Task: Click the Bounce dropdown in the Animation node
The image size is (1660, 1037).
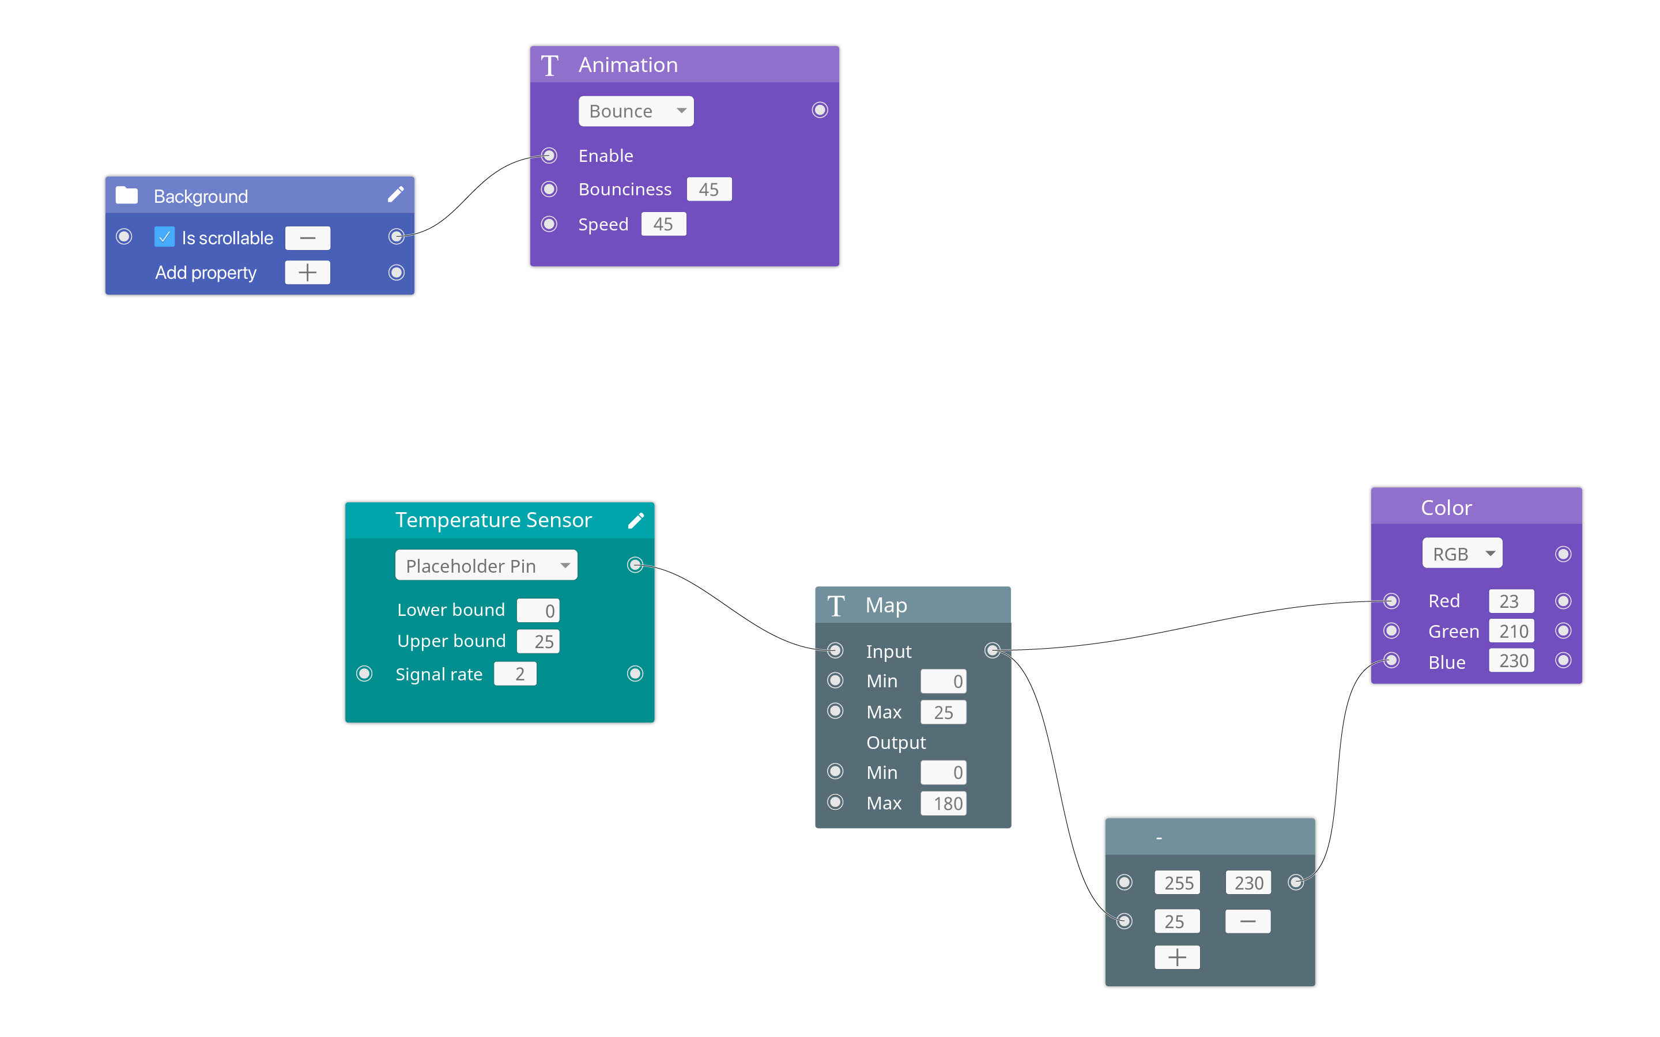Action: tap(635, 111)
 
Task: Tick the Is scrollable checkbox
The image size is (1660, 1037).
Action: tap(164, 237)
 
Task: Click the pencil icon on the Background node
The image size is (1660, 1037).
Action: tap(396, 195)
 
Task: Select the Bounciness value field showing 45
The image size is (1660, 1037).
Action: tap(708, 190)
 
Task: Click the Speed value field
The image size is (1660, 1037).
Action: tap(663, 224)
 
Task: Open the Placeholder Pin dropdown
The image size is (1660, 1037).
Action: tap(486, 566)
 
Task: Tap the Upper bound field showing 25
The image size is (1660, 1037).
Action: tap(538, 641)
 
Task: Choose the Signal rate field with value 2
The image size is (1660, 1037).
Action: tap(515, 674)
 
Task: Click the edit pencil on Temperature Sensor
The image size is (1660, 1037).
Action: tap(636, 521)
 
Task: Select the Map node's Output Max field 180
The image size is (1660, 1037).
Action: tap(943, 803)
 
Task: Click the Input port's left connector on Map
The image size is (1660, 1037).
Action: tap(835, 650)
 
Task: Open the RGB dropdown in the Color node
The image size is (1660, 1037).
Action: tap(1462, 554)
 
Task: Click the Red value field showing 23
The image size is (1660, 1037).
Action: tap(1511, 601)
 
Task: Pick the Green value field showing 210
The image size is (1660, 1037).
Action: tap(1511, 631)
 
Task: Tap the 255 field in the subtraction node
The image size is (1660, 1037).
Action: tap(1177, 883)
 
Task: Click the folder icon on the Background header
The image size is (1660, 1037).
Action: tap(127, 195)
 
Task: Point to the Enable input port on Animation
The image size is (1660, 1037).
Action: tap(549, 156)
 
